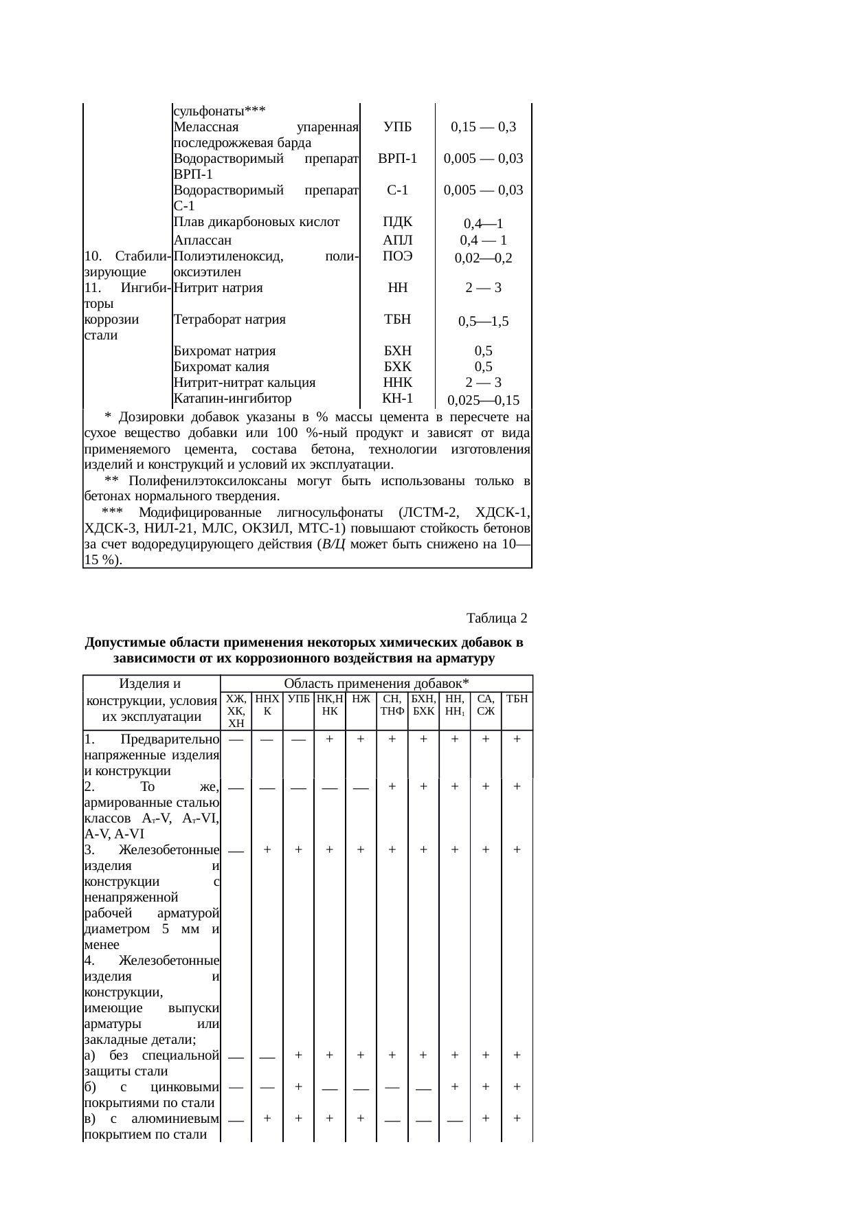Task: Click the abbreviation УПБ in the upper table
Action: click(x=398, y=126)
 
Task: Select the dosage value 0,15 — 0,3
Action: click(x=483, y=126)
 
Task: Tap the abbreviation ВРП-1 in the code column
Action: click(x=398, y=158)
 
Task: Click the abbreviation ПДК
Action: click(x=398, y=221)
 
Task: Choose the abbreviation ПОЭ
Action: click(x=398, y=256)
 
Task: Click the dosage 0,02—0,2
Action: click(x=483, y=258)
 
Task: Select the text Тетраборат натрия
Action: click(x=229, y=320)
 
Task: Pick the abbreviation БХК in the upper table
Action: click(x=398, y=367)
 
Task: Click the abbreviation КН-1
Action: click(x=398, y=399)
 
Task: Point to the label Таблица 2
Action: click(x=497, y=618)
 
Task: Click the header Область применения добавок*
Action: click(x=376, y=683)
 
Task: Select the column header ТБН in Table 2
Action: click(x=517, y=699)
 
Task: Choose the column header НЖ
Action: click(x=360, y=699)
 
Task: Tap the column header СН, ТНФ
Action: click(x=392, y=704)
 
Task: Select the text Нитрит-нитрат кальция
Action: click(x=245, y=383)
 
